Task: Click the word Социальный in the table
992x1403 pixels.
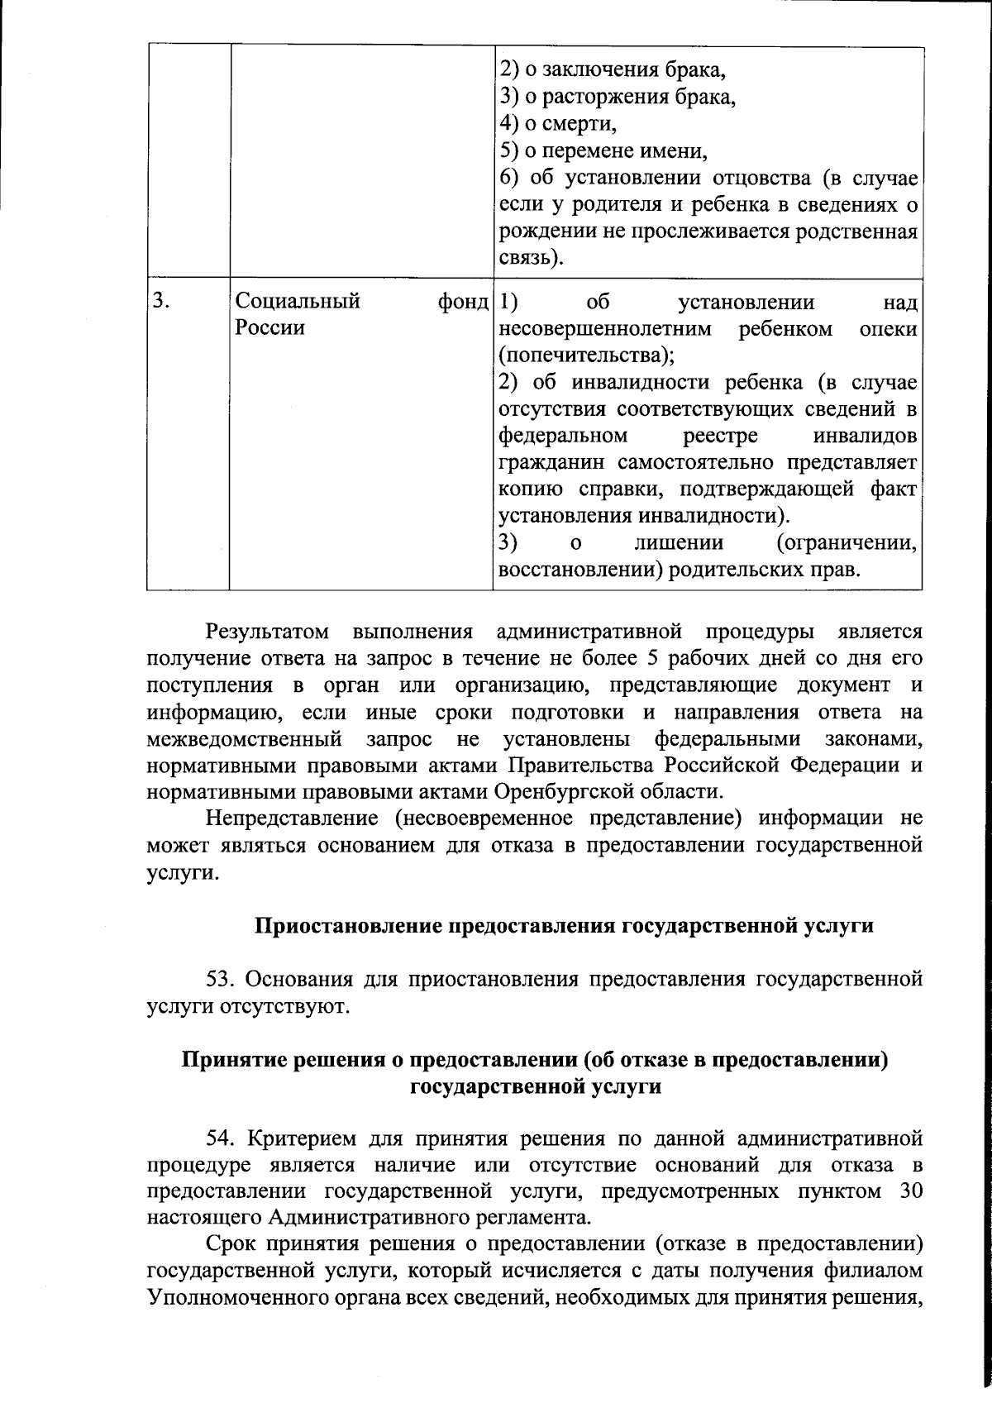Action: tap(298, 302)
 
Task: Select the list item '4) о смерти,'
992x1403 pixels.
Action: tap(559, 124)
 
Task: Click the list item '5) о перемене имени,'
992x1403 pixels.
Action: tap(604, 151)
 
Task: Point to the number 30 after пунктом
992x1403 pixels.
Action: tap(909, 1191)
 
